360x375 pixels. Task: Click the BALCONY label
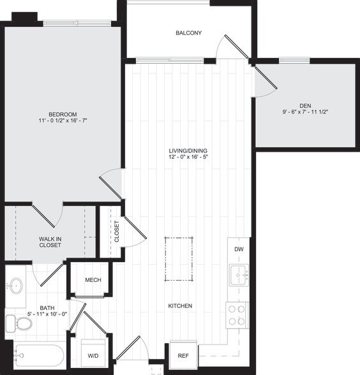click(x=189, y=33)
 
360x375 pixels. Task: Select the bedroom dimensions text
click(x=63, y=119)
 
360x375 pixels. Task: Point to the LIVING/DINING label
click(x=189, y=151)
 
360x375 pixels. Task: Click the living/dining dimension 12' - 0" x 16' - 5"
click(x=189, y=158)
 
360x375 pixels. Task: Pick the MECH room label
click(x=93, y=279)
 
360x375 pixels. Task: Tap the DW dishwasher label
click(x=238, y=249)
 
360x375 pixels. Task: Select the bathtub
click(x=38, y=356)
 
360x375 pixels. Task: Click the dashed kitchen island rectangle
click(x=179, y=259)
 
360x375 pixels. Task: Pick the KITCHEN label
click(x=180, y=306)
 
